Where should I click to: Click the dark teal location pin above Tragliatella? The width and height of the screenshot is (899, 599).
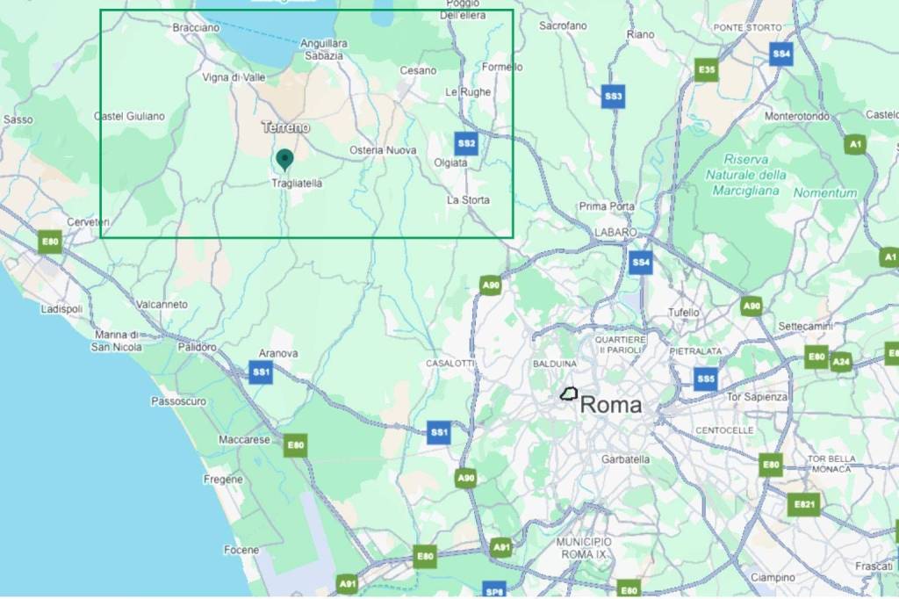coord(284,159)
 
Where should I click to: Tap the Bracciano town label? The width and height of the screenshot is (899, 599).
coord(195,28)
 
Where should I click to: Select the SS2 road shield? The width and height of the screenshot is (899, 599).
coord(466,143)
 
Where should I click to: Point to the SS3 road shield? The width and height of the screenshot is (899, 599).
coord(613,97)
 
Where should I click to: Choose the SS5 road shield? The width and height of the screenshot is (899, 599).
coord(705,379)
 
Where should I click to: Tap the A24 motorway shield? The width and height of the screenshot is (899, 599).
coord(842,361)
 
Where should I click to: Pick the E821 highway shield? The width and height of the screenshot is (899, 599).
coord(802,504)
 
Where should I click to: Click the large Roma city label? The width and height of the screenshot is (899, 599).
coord(611,405)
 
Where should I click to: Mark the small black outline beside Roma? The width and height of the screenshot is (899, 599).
coord(571,394)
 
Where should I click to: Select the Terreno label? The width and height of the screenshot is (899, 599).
coord(286,127)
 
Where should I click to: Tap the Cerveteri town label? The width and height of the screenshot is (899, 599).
coord(89,222)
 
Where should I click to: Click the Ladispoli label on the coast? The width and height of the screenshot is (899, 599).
coord(61,309)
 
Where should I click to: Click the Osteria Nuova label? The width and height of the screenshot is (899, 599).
coord(383,150)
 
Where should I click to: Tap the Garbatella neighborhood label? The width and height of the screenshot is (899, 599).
coord(625,459)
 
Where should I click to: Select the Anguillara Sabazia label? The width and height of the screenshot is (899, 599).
coord(324,48)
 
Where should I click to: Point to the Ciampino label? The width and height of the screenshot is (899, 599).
coord(773,577)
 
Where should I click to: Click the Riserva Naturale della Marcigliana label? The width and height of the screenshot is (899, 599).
coord(748,175)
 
